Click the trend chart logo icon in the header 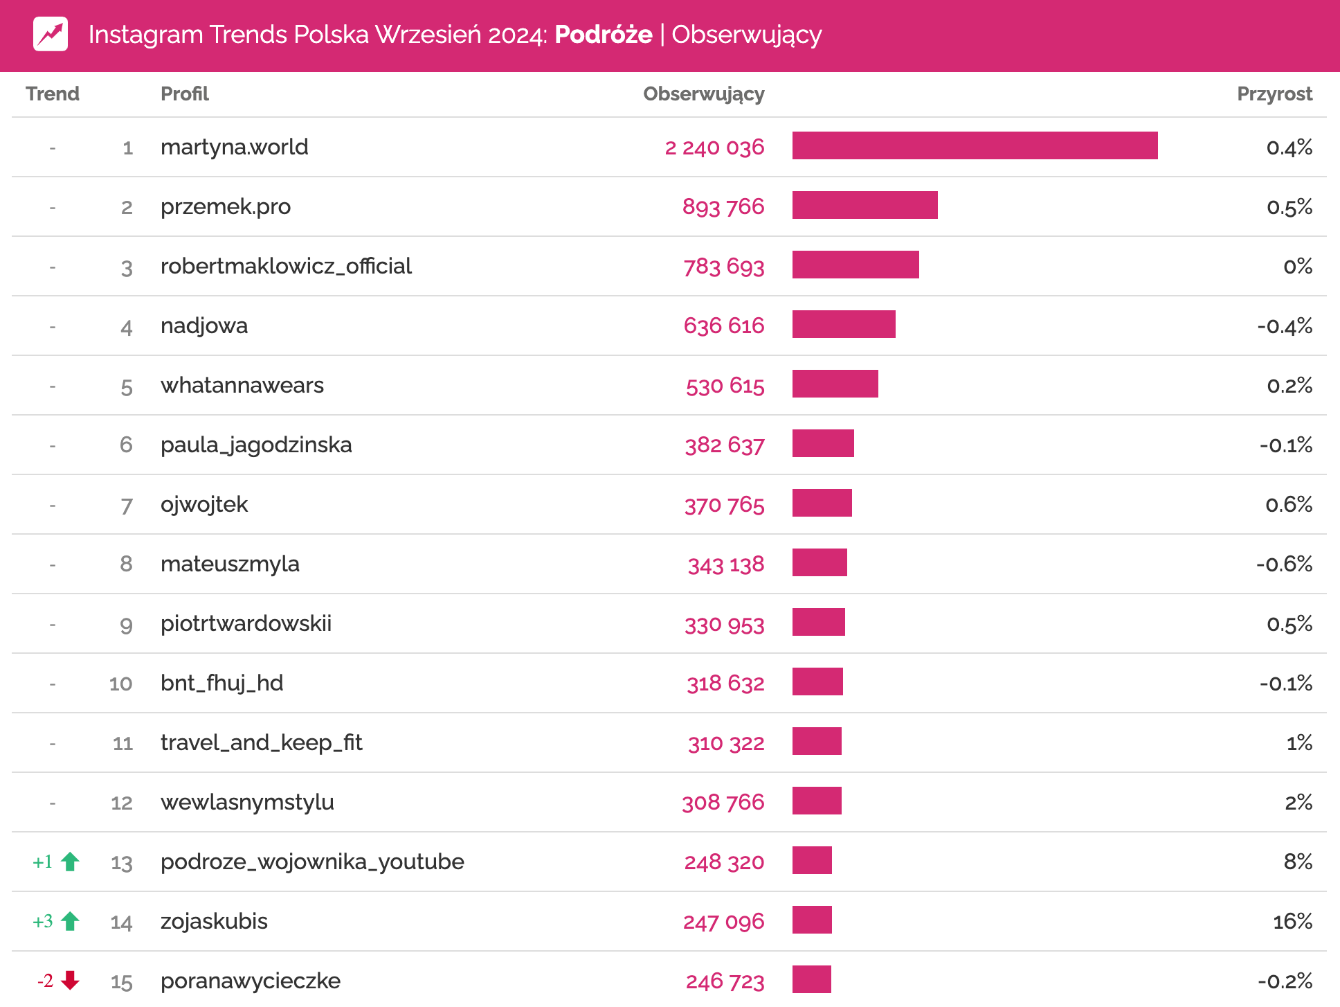tap(51, 34)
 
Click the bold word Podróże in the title tap(603, 35)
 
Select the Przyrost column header tap(1274, 94)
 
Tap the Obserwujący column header tap(703, 94)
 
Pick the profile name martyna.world tap(234, 147)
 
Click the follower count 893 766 tap(723, 206)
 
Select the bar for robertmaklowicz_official tap(855, 265)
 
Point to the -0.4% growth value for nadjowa tap(1284, 326)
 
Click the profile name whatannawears tap(242, 385)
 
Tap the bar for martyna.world tap(974, 145)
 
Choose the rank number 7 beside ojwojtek tap(127, 506)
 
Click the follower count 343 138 tap(725, 564)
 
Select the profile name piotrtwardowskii tap(246, 623)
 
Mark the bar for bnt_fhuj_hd tap(817, 681)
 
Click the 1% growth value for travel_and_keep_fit tap(1299, 743)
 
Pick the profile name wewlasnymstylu tap(247, 802)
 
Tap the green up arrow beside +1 tap(70, 862)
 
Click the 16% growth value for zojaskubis tap(1292, 921)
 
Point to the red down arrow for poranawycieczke tap(70, 980)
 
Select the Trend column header tap(53, 94)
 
